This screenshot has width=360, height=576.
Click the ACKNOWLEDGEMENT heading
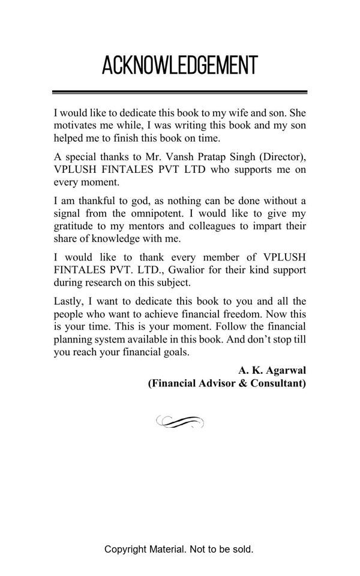(179, 65)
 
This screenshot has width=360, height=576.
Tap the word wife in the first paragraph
(233, 112)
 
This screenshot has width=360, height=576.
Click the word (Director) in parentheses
(283, 157)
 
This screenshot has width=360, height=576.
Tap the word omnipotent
(154, 214)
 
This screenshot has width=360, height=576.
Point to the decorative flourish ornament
(179, 422)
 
